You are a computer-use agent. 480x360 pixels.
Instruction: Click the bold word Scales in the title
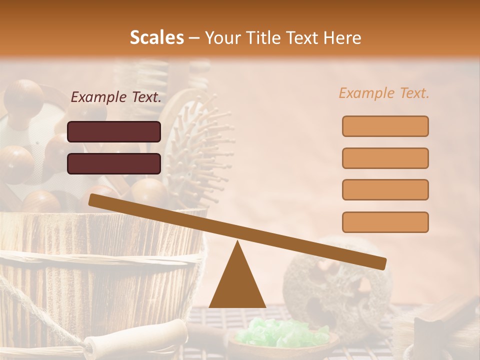coord(156,37)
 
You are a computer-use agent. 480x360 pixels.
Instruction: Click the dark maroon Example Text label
coord(116,97)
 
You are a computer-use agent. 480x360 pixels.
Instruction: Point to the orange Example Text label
coord(384,93)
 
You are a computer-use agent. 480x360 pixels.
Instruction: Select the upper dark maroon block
coord(114,131)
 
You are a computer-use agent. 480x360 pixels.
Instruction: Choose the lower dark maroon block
coord(114,163)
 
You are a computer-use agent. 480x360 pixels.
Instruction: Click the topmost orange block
coord(385,126)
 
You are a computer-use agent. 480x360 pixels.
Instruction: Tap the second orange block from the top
coord(385,158)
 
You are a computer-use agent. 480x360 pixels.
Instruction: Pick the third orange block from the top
coord(385,190)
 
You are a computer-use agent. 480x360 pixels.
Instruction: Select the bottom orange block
coord(385,222)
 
